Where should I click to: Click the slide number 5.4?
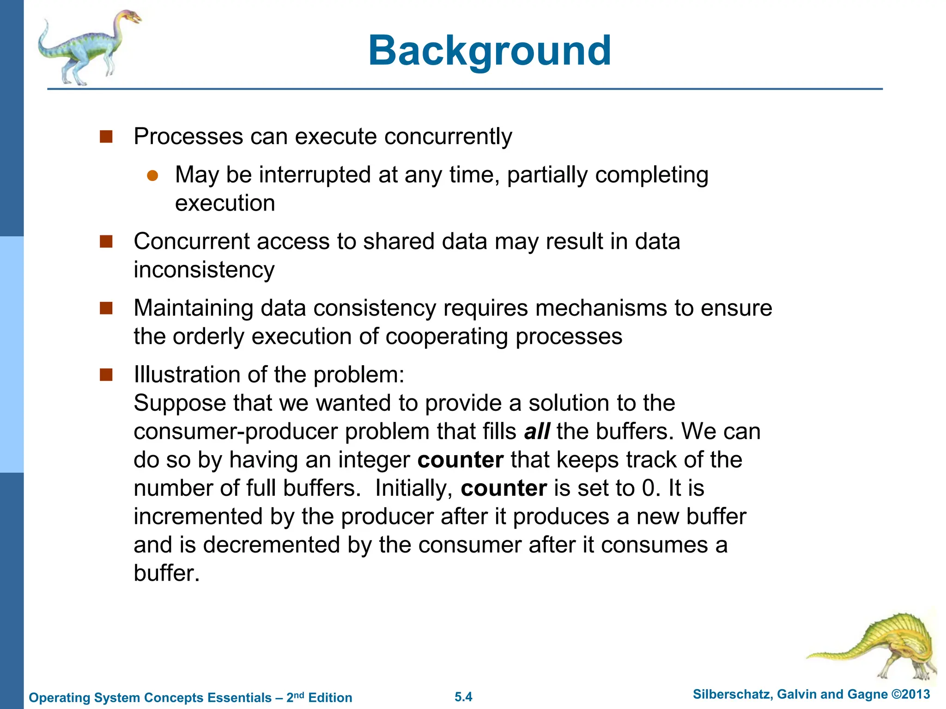pyautogui.click(x=463, y=697)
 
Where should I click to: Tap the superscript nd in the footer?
pyautogui.click(x=299, y=694)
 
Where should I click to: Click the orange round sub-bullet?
pyautogui.click(x=152, y=176)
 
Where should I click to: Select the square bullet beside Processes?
pyautogui.click(x=106, y=137)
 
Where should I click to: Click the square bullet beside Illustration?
pyautogui.click(x=106, y=375)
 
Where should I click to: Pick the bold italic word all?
pyautogui.click(x=537, y=432)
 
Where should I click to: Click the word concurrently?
pyautogui.click(x=448, y=137)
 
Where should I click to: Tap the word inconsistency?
pyautogui.click(x=204, y=270)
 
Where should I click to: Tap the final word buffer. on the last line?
pyautogui.click(x=167, y=573)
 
